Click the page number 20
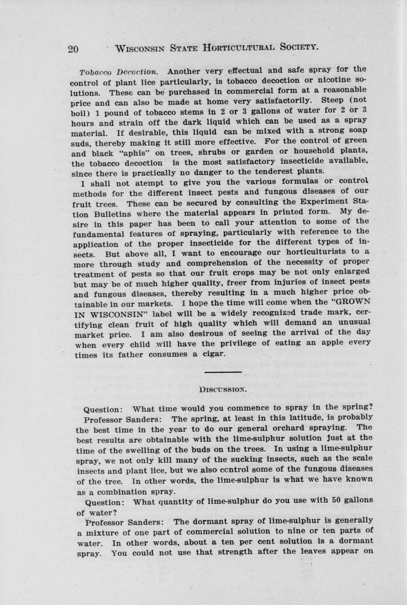(73, 49)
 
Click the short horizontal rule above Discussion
(223, 372)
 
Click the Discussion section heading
(223, 389)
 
